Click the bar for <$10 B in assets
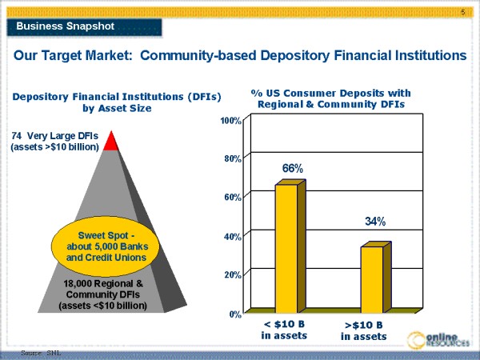[286, 247]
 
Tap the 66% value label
[292, 169]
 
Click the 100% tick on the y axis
[231, 120]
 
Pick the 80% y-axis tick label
[234, 158]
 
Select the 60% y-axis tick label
[234, 197]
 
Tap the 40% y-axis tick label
[234, 236]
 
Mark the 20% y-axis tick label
[234, 274]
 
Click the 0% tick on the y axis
[236, 314]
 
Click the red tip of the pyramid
[111, 142]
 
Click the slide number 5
[463, 12]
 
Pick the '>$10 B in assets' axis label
[363, 330]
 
